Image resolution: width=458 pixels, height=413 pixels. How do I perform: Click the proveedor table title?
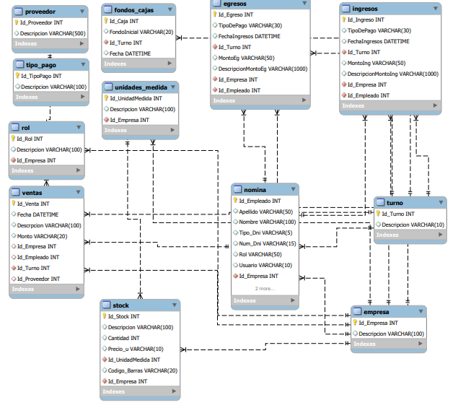point(40,12)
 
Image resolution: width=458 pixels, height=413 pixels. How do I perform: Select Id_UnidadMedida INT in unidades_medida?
point(136,98)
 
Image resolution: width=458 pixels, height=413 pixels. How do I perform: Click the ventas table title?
point(32,192)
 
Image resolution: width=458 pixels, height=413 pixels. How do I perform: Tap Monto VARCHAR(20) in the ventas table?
point(43,236)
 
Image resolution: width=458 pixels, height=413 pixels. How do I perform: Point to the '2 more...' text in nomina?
point(265,288)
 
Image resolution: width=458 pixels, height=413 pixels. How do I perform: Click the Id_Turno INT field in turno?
point(397,214)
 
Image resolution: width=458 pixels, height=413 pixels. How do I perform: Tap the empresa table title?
point(375,312)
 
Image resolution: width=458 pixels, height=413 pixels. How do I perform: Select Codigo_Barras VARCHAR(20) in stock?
point(143,370)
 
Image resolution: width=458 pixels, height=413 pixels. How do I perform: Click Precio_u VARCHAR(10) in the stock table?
point(136,349)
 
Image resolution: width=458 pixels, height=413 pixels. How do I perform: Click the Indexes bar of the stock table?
point(115,391)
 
